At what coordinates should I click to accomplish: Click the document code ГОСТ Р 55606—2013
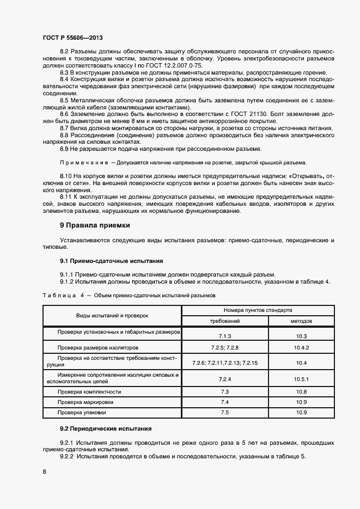pyautogui.click(x=72, y=38)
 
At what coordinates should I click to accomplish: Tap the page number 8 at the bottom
pyautogui.click(x=44, y=472)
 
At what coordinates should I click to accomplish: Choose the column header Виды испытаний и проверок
pyautogui.click(x=112, y=316)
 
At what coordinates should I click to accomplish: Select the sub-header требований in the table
pyautogui.click(x=225, y=321)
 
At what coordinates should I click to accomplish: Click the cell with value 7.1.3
pyautogui.click(x=225, y=336)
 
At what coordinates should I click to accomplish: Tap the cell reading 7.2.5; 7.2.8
pyautogui.click(x=225, y=347)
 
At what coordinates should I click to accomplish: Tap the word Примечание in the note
pyautogui.click(x=83, y=163)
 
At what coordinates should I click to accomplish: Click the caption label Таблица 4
pyautogui.click(x=63, y=295)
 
